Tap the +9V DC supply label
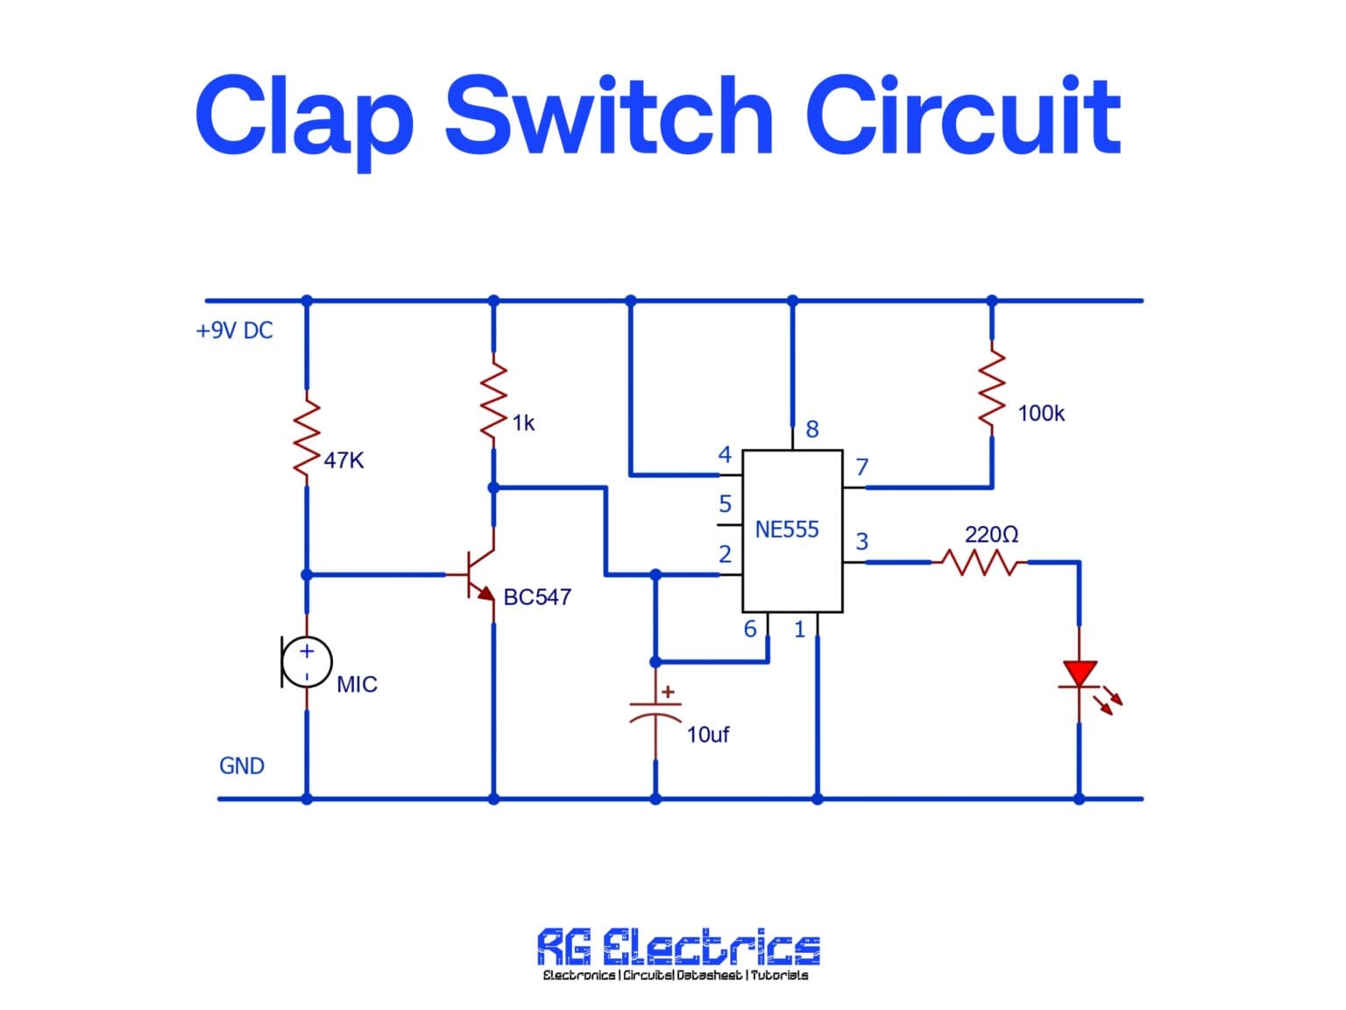[x=234, y=331]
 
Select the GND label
[x=241, y=765]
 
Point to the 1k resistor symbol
[x=494, y=401]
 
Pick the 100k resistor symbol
[x=992, y=390]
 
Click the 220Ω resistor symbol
[x=979, y=562]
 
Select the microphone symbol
[x=306, y=662]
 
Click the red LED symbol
[x=1080, y=675]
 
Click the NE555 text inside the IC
[x=787, y=530]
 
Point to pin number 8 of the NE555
[x=812, y=430]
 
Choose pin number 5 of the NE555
[x=725, y=504]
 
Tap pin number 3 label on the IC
[x=862, y=542]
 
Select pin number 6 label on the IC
[x=750, y=629]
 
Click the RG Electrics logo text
[x=678, y=947]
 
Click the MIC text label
[x=357, y=684]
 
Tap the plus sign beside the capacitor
[x=669, y=693]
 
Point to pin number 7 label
[x=862, y=466]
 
